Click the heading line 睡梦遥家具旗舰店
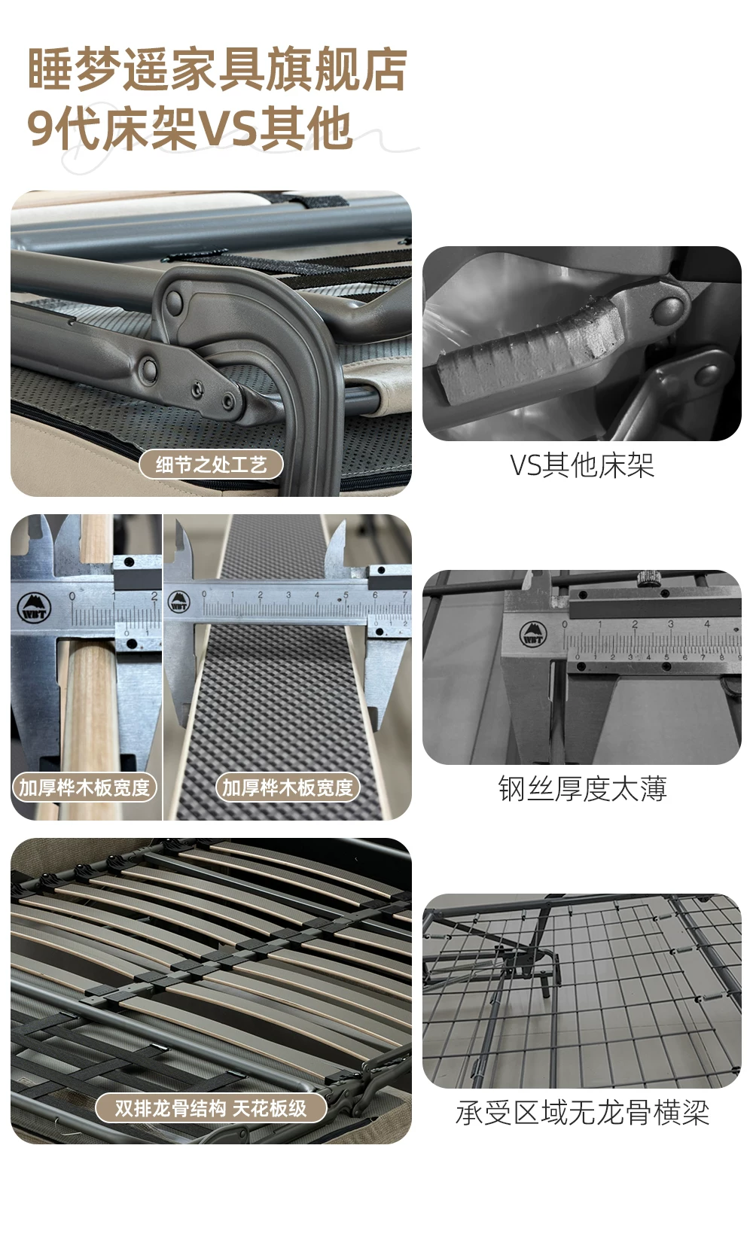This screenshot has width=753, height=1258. [x=218, y=69]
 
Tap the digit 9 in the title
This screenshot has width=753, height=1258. [x=40, y=129]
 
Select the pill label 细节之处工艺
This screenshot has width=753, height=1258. [x=211, y=465]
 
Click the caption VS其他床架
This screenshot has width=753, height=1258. [x=582, y=465]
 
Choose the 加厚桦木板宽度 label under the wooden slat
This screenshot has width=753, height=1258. [x=84, y=787]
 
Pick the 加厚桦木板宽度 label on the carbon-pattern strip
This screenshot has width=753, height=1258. [x=288, y=787]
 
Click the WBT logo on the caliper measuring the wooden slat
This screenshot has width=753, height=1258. [x=34, y=608]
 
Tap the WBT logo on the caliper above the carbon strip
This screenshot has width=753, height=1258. [x=178, y=602]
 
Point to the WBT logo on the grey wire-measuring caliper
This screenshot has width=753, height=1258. [x=533, y=634]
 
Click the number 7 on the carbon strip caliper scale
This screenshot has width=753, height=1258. [x=404, y=594]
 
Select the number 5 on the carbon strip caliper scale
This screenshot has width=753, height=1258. [x=346, y=595]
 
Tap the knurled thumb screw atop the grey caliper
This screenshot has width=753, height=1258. [x=648, y=578]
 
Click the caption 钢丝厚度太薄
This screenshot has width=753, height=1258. [x=582, y=788]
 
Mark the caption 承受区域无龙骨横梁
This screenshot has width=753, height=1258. [x=582, y=1113]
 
